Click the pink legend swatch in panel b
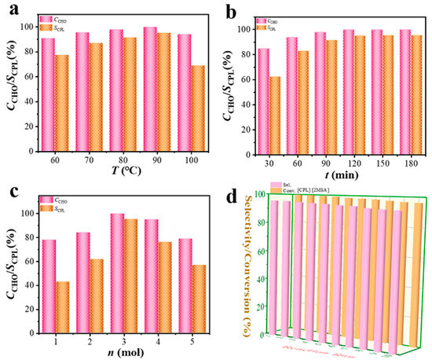click(262, 20)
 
